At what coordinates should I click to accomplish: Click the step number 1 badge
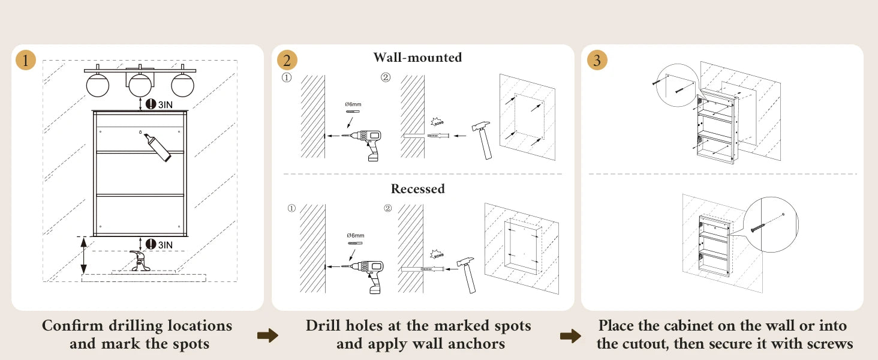[26, 60]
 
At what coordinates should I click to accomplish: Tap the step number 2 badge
[287, 60]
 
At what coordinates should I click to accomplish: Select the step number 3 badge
[597, 60]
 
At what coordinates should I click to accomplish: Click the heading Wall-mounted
[417, 58]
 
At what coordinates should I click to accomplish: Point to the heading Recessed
[417, 189]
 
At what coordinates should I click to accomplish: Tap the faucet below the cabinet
[140, 262]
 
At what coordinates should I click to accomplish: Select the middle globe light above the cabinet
[140, 85]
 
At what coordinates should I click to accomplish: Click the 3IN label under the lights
[164, 104]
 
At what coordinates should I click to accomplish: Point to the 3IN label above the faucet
[164, 245]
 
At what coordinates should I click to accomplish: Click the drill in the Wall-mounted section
[367, 142]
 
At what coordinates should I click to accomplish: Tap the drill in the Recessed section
[368, 273]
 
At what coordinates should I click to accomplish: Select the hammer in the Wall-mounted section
[483, 137]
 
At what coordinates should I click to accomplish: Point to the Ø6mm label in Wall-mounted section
[353, 104]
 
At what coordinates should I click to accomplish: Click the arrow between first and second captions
[267, 335]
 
